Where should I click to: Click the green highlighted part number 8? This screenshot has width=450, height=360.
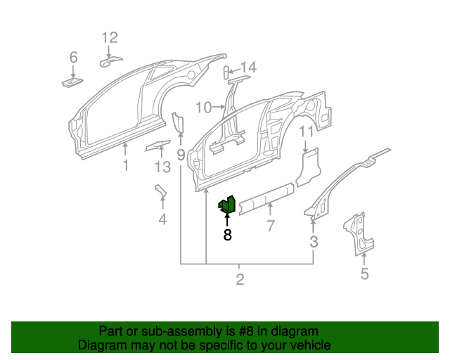pyautogui.click(x=226, y=205)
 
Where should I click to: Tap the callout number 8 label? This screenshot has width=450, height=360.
pyautogui.click(x=227, y=236)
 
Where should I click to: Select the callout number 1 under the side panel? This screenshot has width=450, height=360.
pyautogui.click(x=126, y=166)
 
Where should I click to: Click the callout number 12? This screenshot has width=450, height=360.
pyautogui.click(x=110, y=38)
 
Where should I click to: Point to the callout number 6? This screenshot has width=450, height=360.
pyautogui.click(x=73, y=58)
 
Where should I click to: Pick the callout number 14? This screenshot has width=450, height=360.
pyautogui.click(x=249, y=67)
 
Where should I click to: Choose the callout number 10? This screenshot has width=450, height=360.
pyautogui.click(x=203, y=108)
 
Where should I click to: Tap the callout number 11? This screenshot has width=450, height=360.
pyautogui.click(x=306, y=131)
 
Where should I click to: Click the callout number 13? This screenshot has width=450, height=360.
pyautogui.click(x=162, y=167)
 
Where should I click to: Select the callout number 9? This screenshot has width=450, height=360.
pyautogui.click(x=181, y=153)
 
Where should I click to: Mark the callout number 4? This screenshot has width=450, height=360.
pyautogui.click(x=162, y=219)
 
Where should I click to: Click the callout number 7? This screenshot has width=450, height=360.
pyautogui.click(x=269, y=226)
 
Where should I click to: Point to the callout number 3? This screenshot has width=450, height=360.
pyautogui.click(x=314, y=243)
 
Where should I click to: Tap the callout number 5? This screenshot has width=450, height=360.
pyautogui.click(x=364, y=274)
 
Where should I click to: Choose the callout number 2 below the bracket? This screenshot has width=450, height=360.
pyautogui.click(x=240, y=281)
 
